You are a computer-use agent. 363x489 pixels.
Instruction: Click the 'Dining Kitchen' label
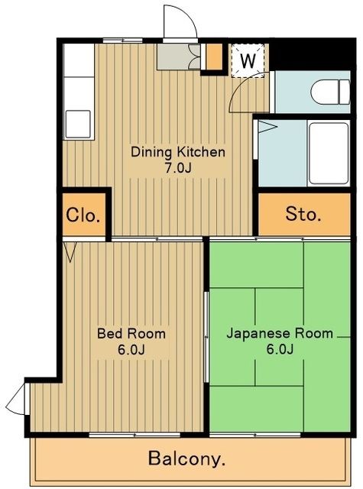[178, 151]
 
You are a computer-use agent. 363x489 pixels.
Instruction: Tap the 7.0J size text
[177, 168]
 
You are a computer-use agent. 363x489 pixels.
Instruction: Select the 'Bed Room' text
[131, 334]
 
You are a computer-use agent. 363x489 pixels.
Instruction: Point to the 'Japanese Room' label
[279, 333]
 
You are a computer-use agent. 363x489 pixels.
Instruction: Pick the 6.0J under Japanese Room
[279, 350]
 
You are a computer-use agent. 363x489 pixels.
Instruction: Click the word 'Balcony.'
[187, 459]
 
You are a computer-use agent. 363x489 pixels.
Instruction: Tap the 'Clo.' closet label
[83, 215]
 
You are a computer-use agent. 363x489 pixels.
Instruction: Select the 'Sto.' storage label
[304, 214]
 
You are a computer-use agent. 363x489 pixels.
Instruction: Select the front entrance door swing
[180, 21]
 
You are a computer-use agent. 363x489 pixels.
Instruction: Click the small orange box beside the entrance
[215, 57]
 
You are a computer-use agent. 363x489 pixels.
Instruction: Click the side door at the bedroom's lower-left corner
[18, 400]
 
